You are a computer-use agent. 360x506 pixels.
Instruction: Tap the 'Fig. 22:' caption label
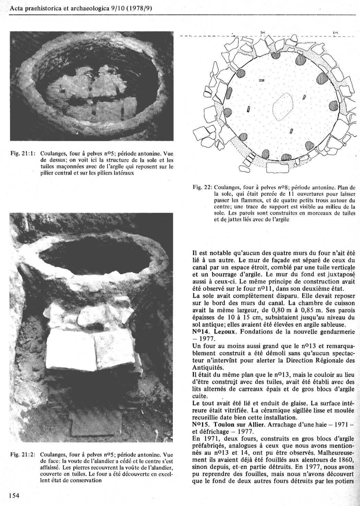(x=202, y=188)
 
